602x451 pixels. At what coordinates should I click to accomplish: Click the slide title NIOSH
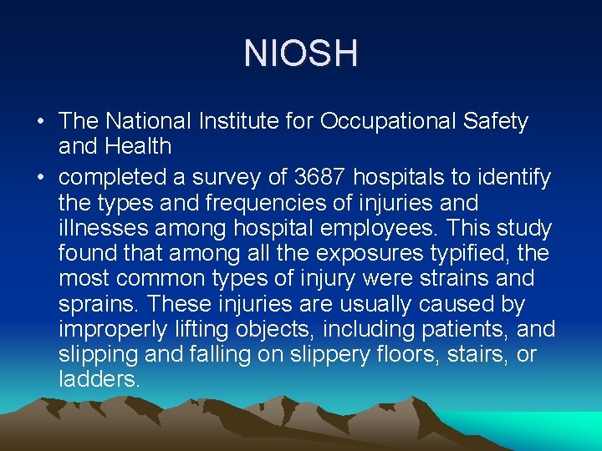(x=301, y=53)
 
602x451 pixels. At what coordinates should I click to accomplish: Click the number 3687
(x=323, y=177)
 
